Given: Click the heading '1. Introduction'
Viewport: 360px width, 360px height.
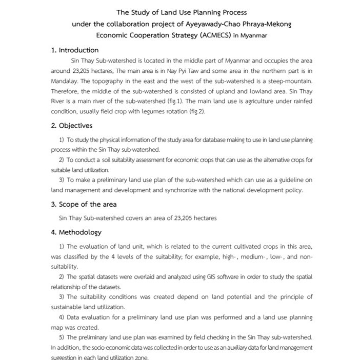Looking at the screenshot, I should (75, 50).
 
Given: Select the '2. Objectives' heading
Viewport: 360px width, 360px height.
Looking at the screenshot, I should (72, 126).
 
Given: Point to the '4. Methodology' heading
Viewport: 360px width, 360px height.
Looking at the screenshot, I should (76, 232).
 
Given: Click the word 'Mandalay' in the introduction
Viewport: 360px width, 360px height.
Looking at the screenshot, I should (67, 81).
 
